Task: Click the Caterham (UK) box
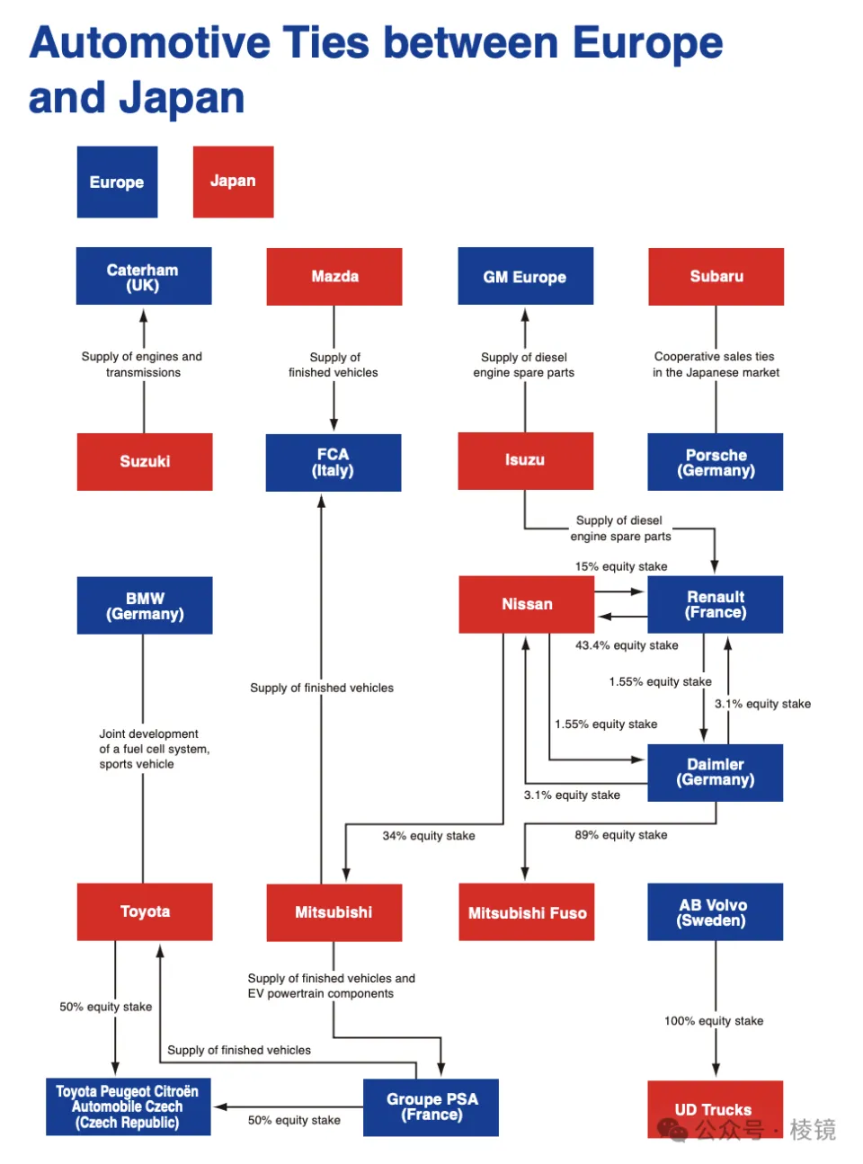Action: [x=144, y=276]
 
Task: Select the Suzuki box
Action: [x=145, y=461]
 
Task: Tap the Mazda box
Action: [x=334, y=276]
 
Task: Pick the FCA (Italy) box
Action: [x=334, y=462]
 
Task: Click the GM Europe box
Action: [x=525, y=276]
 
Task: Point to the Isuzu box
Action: [x=525, y=460]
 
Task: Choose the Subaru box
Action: [x=716, y=276]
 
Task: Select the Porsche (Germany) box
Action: [x=716, y=462]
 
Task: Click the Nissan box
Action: [x=527, y=604]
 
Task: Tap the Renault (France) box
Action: [x=716, y=604]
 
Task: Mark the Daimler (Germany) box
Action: [x=716, y=772]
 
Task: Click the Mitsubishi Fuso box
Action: [x=527, y=912]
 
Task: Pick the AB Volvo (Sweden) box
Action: [x=715, y=912]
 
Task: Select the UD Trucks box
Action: [x=715, y=1109]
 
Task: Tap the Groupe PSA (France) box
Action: [x=431, y=1106]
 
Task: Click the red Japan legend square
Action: [x=233, y=182]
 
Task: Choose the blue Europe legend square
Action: [x=117, y=182]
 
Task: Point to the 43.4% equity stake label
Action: [x=627, y=645]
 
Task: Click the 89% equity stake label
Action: [x=621, y=835]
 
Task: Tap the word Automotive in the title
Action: [x=149, y=43]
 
